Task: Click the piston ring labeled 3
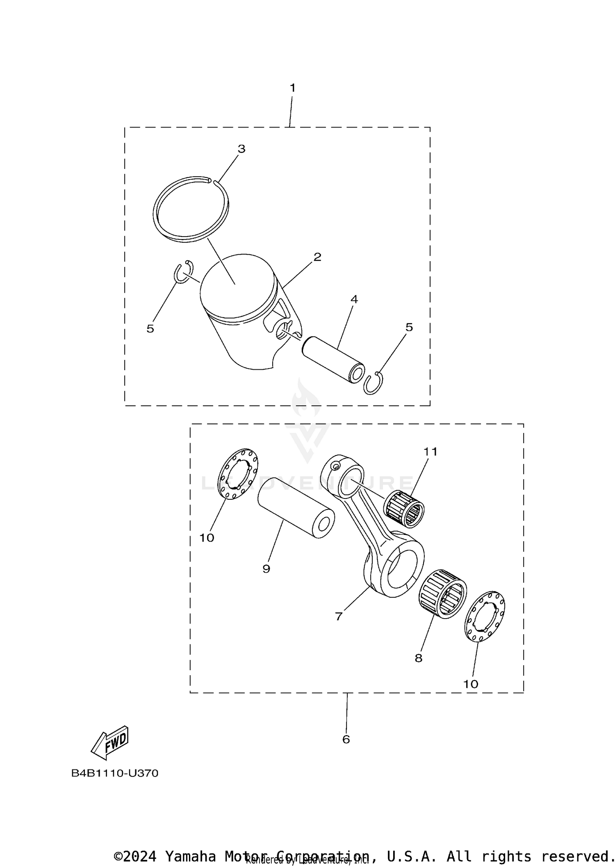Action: [x=156, y=213]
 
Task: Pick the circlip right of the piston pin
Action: [x=373, y=384]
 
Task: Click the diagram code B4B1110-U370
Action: [x=115, y=774]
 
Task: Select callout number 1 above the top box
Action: [x=292, y=88]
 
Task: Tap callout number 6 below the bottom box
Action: [x=346, y=739]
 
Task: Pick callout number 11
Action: [x=430, y=452]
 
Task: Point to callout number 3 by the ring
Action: [x=241, y=149]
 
